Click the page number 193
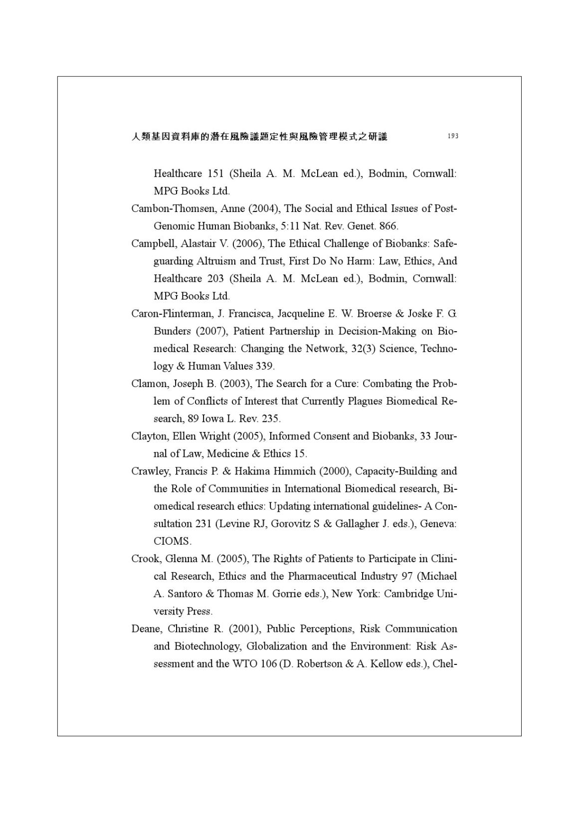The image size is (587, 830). (x=452, y=136)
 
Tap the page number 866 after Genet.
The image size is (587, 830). (x=388, y=226)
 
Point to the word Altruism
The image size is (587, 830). (x=216, y=261)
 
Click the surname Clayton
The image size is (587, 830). (x=150, y=436)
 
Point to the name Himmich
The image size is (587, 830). (x=294, y=471)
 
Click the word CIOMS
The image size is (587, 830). (x=172, y=541)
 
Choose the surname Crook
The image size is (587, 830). (x=145, y=559)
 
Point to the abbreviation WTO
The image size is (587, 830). (x=244, y=664)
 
